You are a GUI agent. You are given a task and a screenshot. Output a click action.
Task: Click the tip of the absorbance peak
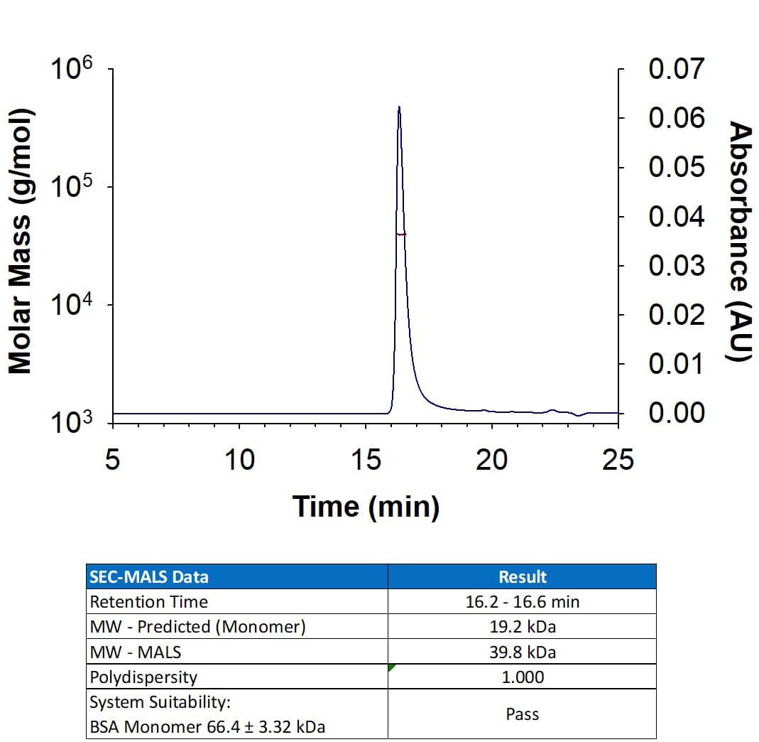(x=399, y=107)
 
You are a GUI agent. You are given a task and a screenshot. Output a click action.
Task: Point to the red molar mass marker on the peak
(x=401, y=234)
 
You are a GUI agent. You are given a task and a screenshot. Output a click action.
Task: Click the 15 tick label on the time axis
(x=366, y=459)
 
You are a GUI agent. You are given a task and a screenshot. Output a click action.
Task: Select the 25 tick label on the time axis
(x=618, y=459)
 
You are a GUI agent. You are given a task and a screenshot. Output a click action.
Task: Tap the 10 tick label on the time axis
(x=239, y=459)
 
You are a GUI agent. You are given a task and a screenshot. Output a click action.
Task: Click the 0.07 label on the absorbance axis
(x=677, y=70)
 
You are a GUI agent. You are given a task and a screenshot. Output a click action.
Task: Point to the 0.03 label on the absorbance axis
(x=677, y=266)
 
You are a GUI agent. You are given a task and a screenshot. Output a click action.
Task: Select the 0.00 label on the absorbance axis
(x=677, y=413)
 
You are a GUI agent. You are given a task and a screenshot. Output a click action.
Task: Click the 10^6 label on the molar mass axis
(x=72, y=72)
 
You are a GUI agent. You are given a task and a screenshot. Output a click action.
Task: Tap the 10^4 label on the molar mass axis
(x=72, y=307)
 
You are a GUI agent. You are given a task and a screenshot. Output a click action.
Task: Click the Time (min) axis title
(x=366, y=506)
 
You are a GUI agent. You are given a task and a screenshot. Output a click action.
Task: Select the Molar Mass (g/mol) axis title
(x=21, y=242)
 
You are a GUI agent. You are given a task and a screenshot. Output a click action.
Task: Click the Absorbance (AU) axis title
(x=739, y=242)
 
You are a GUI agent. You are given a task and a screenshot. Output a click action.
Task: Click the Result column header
(x=522, y=576)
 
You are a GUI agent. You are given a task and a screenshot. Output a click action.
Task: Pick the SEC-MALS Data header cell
(x=149, y=576)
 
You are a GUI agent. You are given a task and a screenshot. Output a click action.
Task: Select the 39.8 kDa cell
(x=522, y=652)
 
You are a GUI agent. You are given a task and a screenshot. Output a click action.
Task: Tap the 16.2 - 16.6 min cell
(x=522, y=602)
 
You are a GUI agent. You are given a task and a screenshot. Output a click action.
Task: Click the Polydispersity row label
(x=143, y=677)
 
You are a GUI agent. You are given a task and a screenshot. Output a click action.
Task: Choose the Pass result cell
(x=522, y=714)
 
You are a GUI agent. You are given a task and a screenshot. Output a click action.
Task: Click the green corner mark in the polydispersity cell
(x=391, y=667)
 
